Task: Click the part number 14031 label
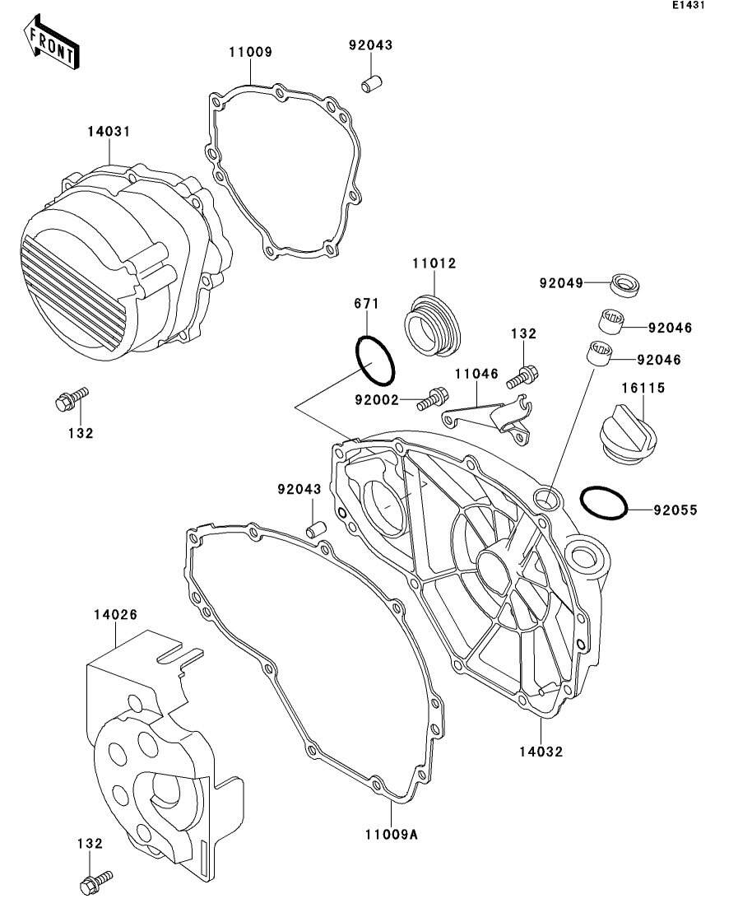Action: pos(109,132)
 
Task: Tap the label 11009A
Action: pos(392,834)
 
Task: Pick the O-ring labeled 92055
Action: pos(605,503)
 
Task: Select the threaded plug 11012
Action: pos(434,328)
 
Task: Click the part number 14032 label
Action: pos(541,751)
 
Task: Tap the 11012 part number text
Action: pos(434,263)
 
